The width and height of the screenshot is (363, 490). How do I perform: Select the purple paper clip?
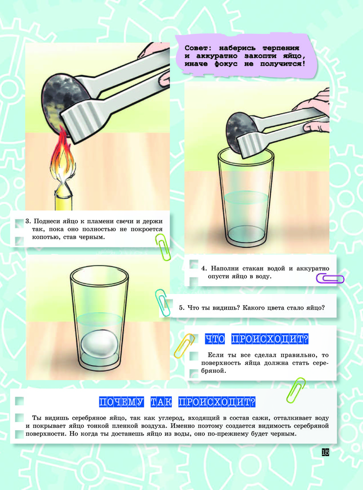pos(330,278)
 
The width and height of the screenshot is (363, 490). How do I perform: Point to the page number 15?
pos(325,452)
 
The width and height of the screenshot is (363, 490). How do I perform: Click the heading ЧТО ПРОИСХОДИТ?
pos(257,339)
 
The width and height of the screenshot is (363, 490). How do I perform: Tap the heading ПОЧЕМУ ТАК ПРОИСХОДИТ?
pos(177,402)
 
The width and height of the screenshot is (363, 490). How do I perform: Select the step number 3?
pos(28,221)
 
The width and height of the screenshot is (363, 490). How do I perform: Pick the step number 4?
pos(204,269)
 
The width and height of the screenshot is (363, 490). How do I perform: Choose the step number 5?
pos(181,308)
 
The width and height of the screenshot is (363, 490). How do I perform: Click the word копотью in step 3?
pos(44,237)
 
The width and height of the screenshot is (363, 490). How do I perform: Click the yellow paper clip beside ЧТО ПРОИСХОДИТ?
pos(184,346)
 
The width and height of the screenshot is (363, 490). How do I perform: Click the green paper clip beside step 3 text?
pos(163,247)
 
